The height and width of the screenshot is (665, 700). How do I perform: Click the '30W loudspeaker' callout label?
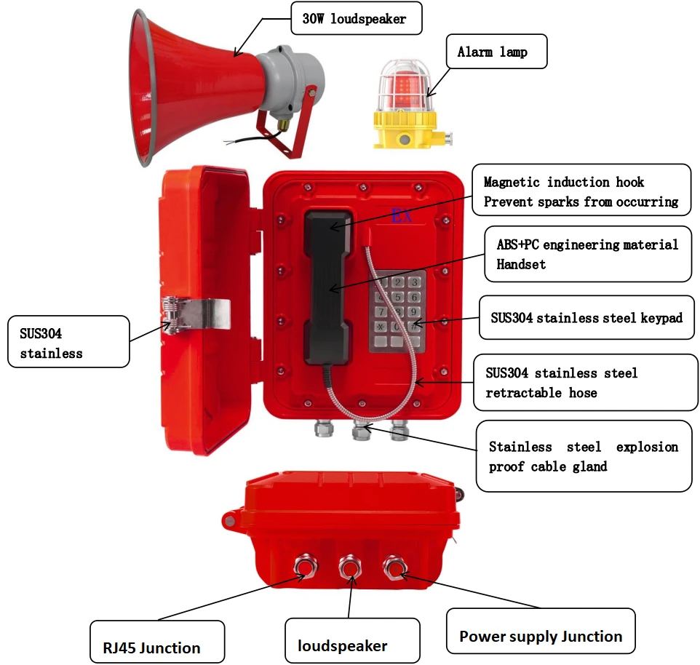[357, 18]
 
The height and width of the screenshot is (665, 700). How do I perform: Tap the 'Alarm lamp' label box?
[496, 52]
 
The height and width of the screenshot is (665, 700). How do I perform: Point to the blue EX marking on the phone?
[402, 215]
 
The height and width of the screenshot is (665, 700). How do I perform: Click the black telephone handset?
[329, 288]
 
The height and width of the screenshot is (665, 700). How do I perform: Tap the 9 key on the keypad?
[414, 312]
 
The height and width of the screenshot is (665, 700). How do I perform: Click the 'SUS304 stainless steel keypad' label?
[586, 318]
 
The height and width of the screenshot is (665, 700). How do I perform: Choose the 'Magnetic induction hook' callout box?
[581, 190]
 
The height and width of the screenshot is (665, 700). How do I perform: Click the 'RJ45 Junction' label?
[157, 642]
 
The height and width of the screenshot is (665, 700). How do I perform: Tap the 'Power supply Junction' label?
[541, 631]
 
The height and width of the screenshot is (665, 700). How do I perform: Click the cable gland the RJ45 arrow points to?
[306, 566]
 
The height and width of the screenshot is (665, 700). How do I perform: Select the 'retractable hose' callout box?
[585, 383]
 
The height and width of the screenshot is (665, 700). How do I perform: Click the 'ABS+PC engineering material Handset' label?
[588, 254]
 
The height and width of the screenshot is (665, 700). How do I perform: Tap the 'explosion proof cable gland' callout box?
[584, 456]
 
